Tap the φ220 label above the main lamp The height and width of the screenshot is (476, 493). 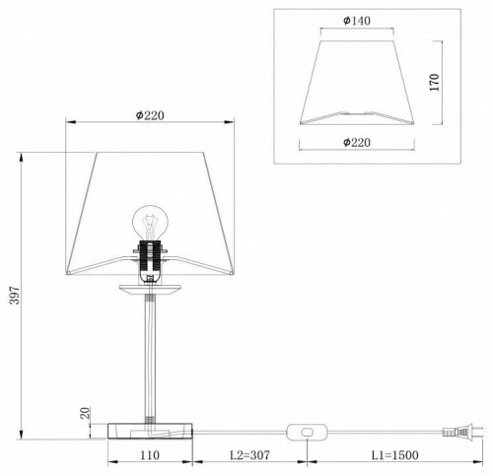click(150, 116)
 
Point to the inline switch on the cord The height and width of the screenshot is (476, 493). click(308, 430)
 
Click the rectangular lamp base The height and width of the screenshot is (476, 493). click(149, 430)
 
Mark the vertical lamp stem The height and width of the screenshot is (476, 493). click(150, 355)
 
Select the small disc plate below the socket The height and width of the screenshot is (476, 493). click(150, 289)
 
